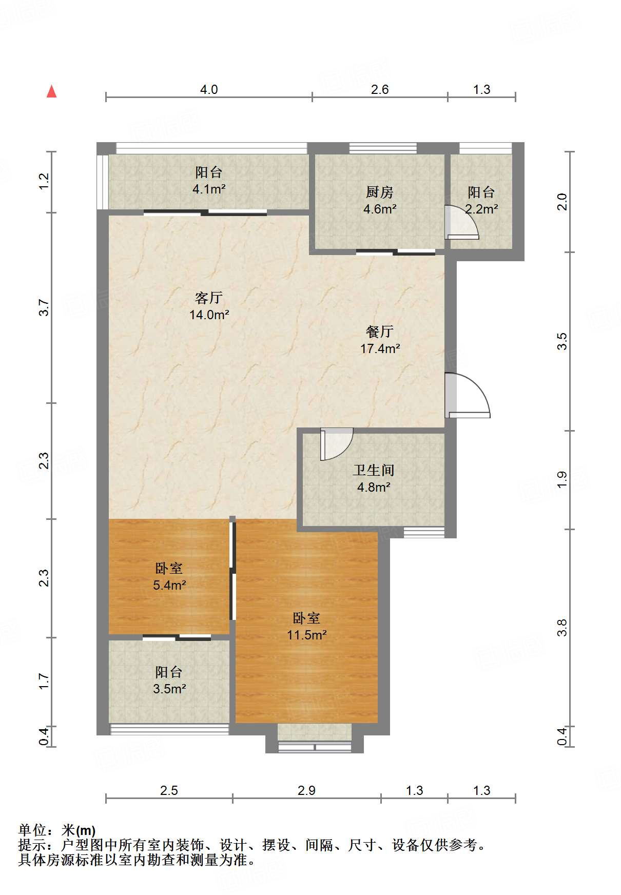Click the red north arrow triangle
pos(51,91)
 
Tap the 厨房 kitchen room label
pos(380,192)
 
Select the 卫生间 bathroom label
pos(374,470)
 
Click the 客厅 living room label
pos(209,298)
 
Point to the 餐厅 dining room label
pos(380,332)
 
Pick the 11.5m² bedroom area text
pos(306,635)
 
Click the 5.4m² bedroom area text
pos(169,585)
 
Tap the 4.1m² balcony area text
pos(209,189)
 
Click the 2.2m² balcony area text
pos(481,209)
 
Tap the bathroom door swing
pos(337,444)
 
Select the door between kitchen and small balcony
pos(461,222)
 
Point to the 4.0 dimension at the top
pos(209,90)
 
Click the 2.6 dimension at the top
pos(380,90)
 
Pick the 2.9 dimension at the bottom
pos(306,791)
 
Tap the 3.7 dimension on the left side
pos(44,308)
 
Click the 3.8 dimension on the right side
pos(562,628)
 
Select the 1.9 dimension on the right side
pos(562,479)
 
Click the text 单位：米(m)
pos(57,830)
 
